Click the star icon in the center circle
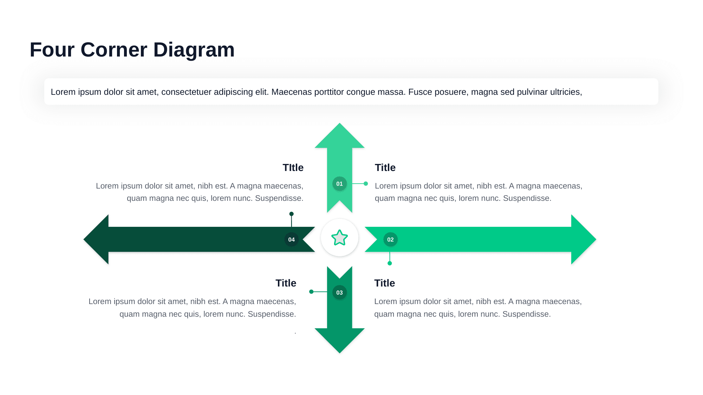click(x=339, y=238)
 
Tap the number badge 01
click(x=339, y=184)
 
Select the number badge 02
click(x=390, y=239)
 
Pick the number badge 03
click(x=339, y=292)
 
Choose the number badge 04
click(x=291, y=239)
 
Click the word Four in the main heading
click(x=52, y=50)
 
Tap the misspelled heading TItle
click(x=293, y=167)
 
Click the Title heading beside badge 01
click(x=385, y=167)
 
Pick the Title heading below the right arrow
click(x=384, y=283)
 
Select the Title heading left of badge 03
click(x=286, y=283)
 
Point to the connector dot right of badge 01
click(x=366, y=184)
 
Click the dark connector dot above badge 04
click(x=291, y=214)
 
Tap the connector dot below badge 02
click(x=390, y=263)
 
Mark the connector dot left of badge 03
click(x=311, y=292)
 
